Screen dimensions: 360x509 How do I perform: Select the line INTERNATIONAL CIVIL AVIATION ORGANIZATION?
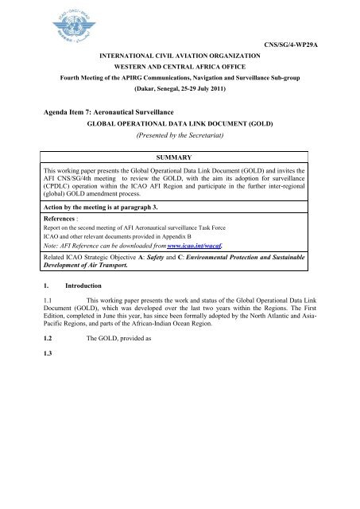180,55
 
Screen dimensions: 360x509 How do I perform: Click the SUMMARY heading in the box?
180,159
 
